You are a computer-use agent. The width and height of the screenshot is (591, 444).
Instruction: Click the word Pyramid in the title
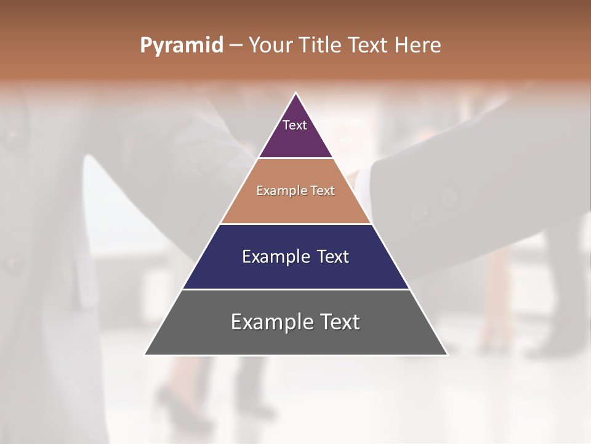(x=181, y=46)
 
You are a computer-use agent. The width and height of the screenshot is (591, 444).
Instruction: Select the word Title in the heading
(x=322, y=46)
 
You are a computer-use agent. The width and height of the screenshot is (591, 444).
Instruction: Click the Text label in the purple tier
(x=295, y=125)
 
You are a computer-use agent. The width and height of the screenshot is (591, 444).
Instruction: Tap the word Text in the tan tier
(x=323, y=191)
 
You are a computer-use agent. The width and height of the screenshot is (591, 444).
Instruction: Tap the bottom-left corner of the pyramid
(x=145, y=355)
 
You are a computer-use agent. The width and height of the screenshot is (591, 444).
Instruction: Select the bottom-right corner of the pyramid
(x=447, y=355)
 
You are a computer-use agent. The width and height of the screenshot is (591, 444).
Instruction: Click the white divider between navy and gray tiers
(x=296, y=289)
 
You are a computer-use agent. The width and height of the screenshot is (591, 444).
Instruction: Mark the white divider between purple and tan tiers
(x=296, y=158)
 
